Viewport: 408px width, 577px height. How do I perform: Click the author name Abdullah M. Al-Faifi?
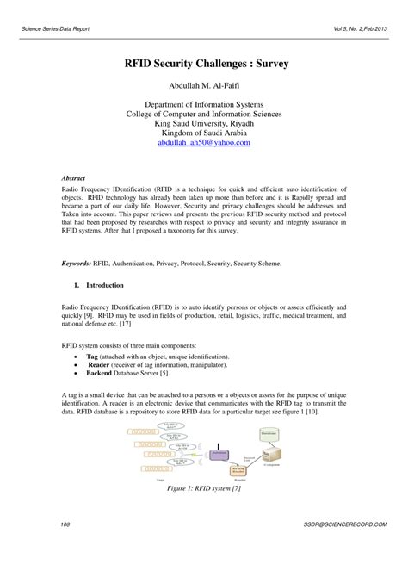[204, 86]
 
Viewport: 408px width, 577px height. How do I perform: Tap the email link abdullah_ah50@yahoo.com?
[204, 143]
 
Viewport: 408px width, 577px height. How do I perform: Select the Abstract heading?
[75, 175]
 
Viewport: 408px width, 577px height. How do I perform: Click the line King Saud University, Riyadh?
[204, 123]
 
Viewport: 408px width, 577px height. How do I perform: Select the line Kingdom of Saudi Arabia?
[204, 133]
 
